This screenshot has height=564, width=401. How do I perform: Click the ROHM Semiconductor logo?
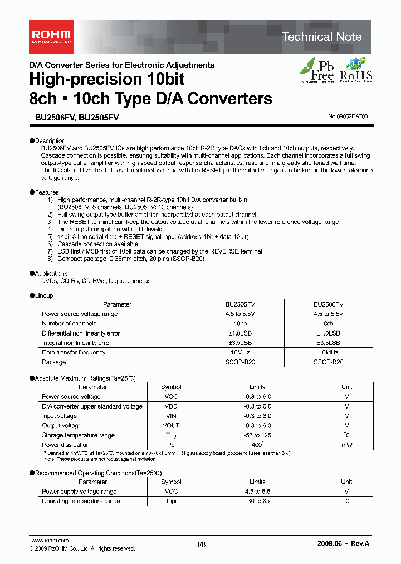point(50,36)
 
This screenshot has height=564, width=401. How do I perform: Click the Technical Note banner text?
point(322,37)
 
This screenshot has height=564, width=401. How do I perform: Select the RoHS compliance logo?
point(356,71)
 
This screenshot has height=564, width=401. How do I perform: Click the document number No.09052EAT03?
point(348,117)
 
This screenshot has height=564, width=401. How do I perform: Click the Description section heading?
point(50,140)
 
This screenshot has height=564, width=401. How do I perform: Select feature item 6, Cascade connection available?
point(97,244)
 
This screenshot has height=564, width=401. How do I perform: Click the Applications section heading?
point(51,274)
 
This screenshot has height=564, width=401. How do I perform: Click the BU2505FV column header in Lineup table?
point(240,304)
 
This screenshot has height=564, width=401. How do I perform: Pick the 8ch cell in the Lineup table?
point(328,323)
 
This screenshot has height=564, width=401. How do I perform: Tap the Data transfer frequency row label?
point(74,352)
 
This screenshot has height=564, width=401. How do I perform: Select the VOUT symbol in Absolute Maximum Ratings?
point(171,426)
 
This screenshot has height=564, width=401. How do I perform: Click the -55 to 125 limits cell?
point(257,435)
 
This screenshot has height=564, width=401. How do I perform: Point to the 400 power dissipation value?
point(257,445)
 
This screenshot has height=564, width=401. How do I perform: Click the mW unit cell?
point(346,445)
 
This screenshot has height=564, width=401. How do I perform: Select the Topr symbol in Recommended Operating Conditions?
point(171,501)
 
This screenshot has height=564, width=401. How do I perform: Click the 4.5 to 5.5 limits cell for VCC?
point(257,492)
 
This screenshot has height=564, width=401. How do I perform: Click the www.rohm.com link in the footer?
point(50,541)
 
